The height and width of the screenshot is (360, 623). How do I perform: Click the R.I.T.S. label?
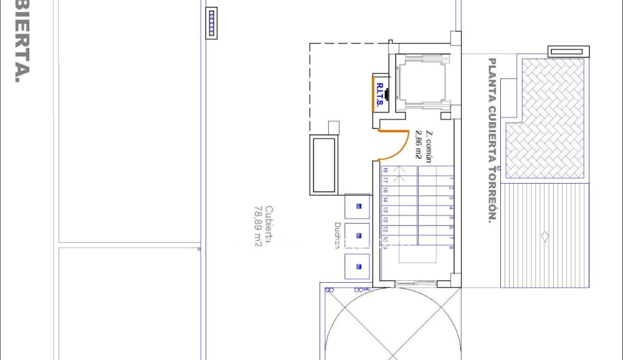coord(379,95)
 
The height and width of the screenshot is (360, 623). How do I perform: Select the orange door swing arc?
coord(399,148)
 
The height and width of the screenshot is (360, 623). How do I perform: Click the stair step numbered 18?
coord(386,171)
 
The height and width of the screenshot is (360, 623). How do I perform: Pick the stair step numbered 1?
coord(451,178)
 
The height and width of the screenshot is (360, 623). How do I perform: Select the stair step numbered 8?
coord(451,247)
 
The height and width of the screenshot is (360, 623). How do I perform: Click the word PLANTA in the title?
coord(492,74)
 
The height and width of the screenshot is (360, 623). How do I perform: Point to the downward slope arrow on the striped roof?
coord(545,237)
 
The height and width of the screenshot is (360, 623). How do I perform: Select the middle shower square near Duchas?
coord(358,235)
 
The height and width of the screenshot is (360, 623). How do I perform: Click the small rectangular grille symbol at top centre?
coord(212,16)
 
